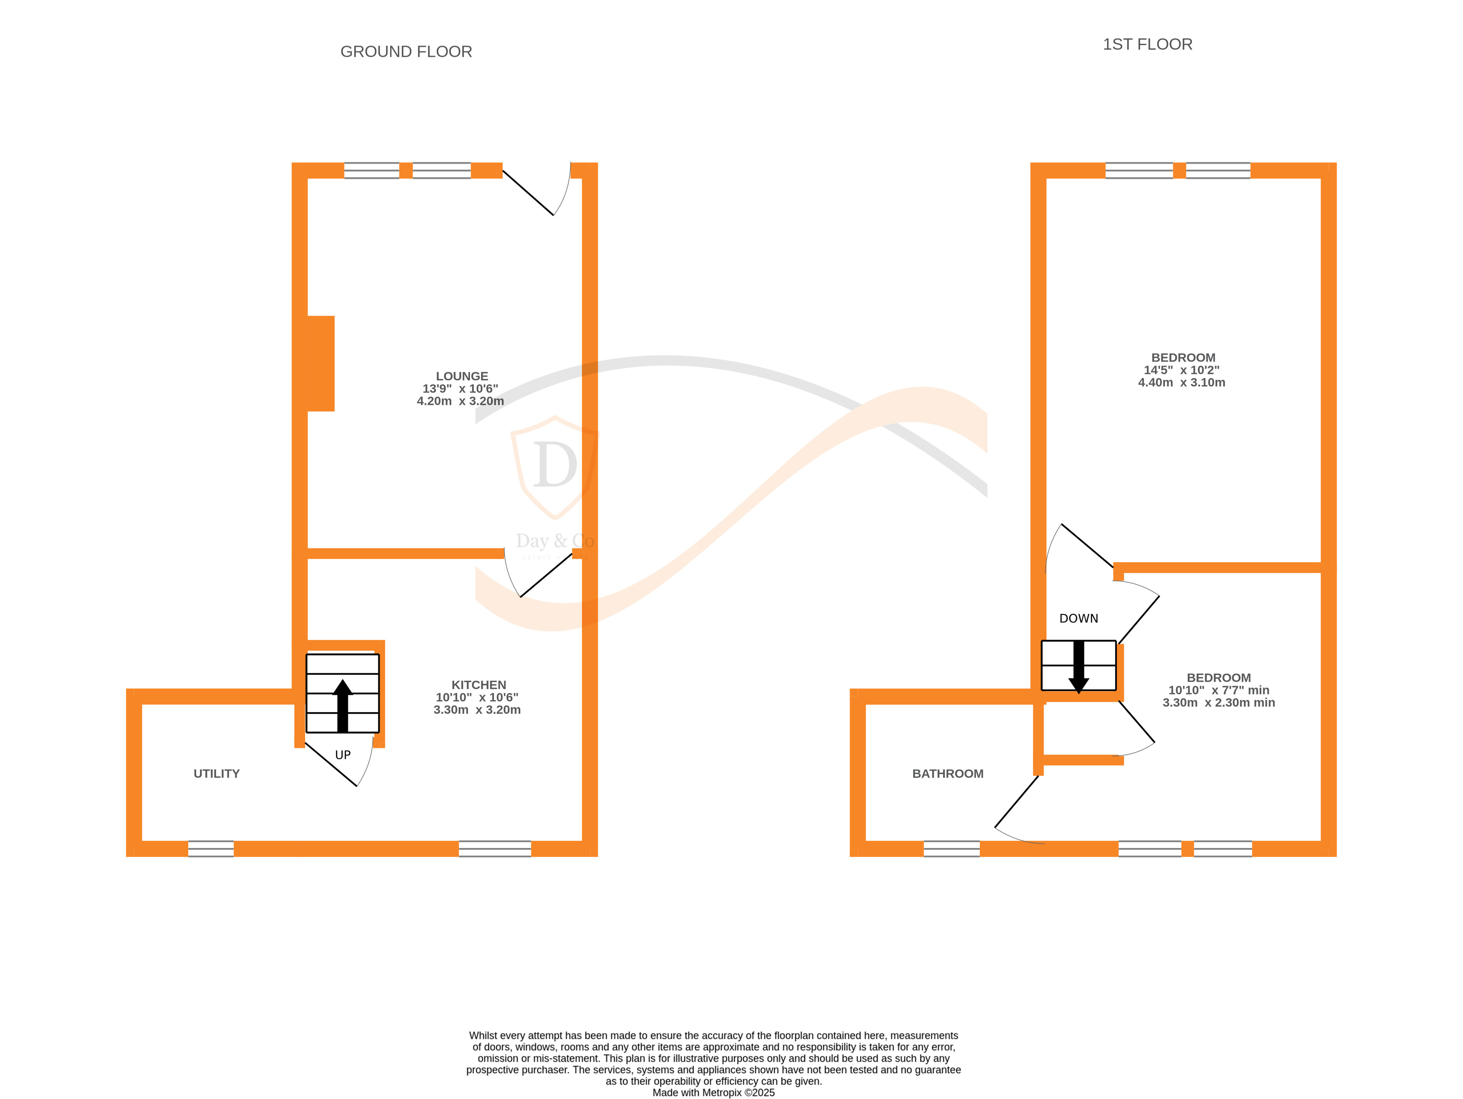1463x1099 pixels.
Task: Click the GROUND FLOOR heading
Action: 406,52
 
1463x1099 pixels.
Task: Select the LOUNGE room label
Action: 462,376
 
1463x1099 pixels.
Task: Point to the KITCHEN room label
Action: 478,685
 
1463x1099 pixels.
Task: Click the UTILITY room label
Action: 216,773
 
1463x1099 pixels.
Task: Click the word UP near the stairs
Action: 342,755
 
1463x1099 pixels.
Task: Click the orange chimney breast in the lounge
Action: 321,363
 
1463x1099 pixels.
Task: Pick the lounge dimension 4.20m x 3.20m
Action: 460,401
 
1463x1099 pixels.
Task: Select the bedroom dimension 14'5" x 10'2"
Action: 1181,370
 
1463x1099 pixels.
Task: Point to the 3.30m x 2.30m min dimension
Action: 1218,702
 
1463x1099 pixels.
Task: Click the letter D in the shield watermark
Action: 554,465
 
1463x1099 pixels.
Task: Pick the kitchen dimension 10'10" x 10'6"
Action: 477,697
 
